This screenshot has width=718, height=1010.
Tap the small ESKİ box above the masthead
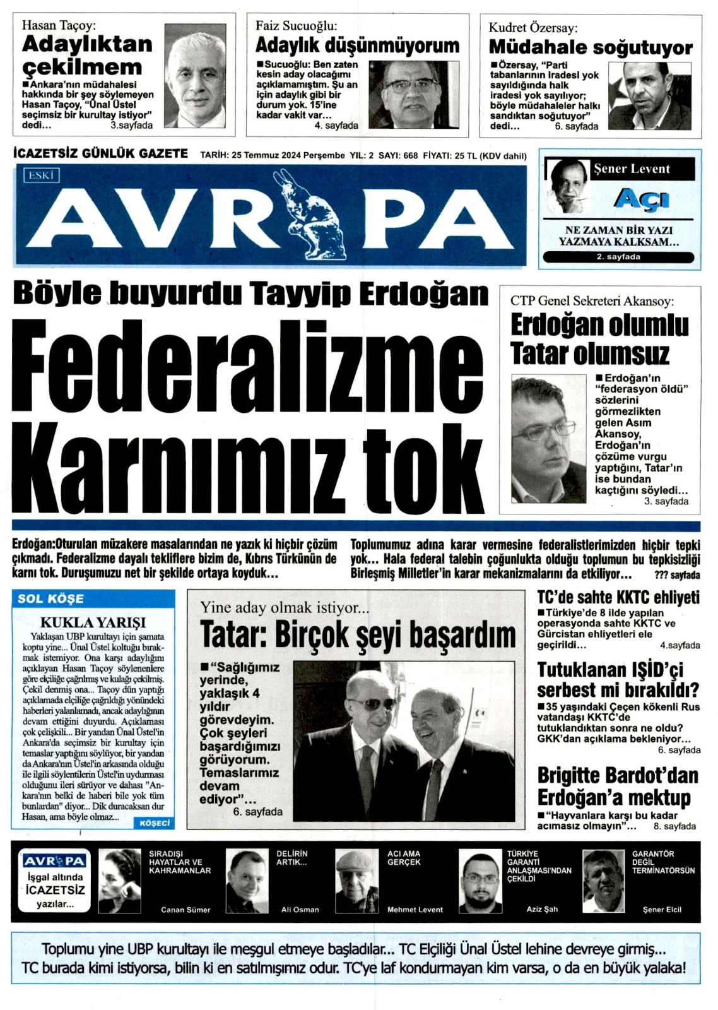[x=41, y=175]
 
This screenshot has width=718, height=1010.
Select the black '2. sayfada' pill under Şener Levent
[x=618, y=257]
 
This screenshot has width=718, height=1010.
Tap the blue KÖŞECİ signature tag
[x=155, y=823]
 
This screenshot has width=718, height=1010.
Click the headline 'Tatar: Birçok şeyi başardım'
[x=358, y=634]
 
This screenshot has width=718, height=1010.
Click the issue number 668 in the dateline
[x=410, y=155]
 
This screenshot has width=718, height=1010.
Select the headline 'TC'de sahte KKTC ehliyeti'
[x=618, y=597]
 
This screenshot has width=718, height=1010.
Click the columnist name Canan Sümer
[x=185, y=910]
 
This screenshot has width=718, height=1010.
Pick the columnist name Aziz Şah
[x=542, y=909]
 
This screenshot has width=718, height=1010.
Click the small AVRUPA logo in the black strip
[x=54, y=861]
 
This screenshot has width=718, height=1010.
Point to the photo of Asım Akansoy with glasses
[x=548, y=440]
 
